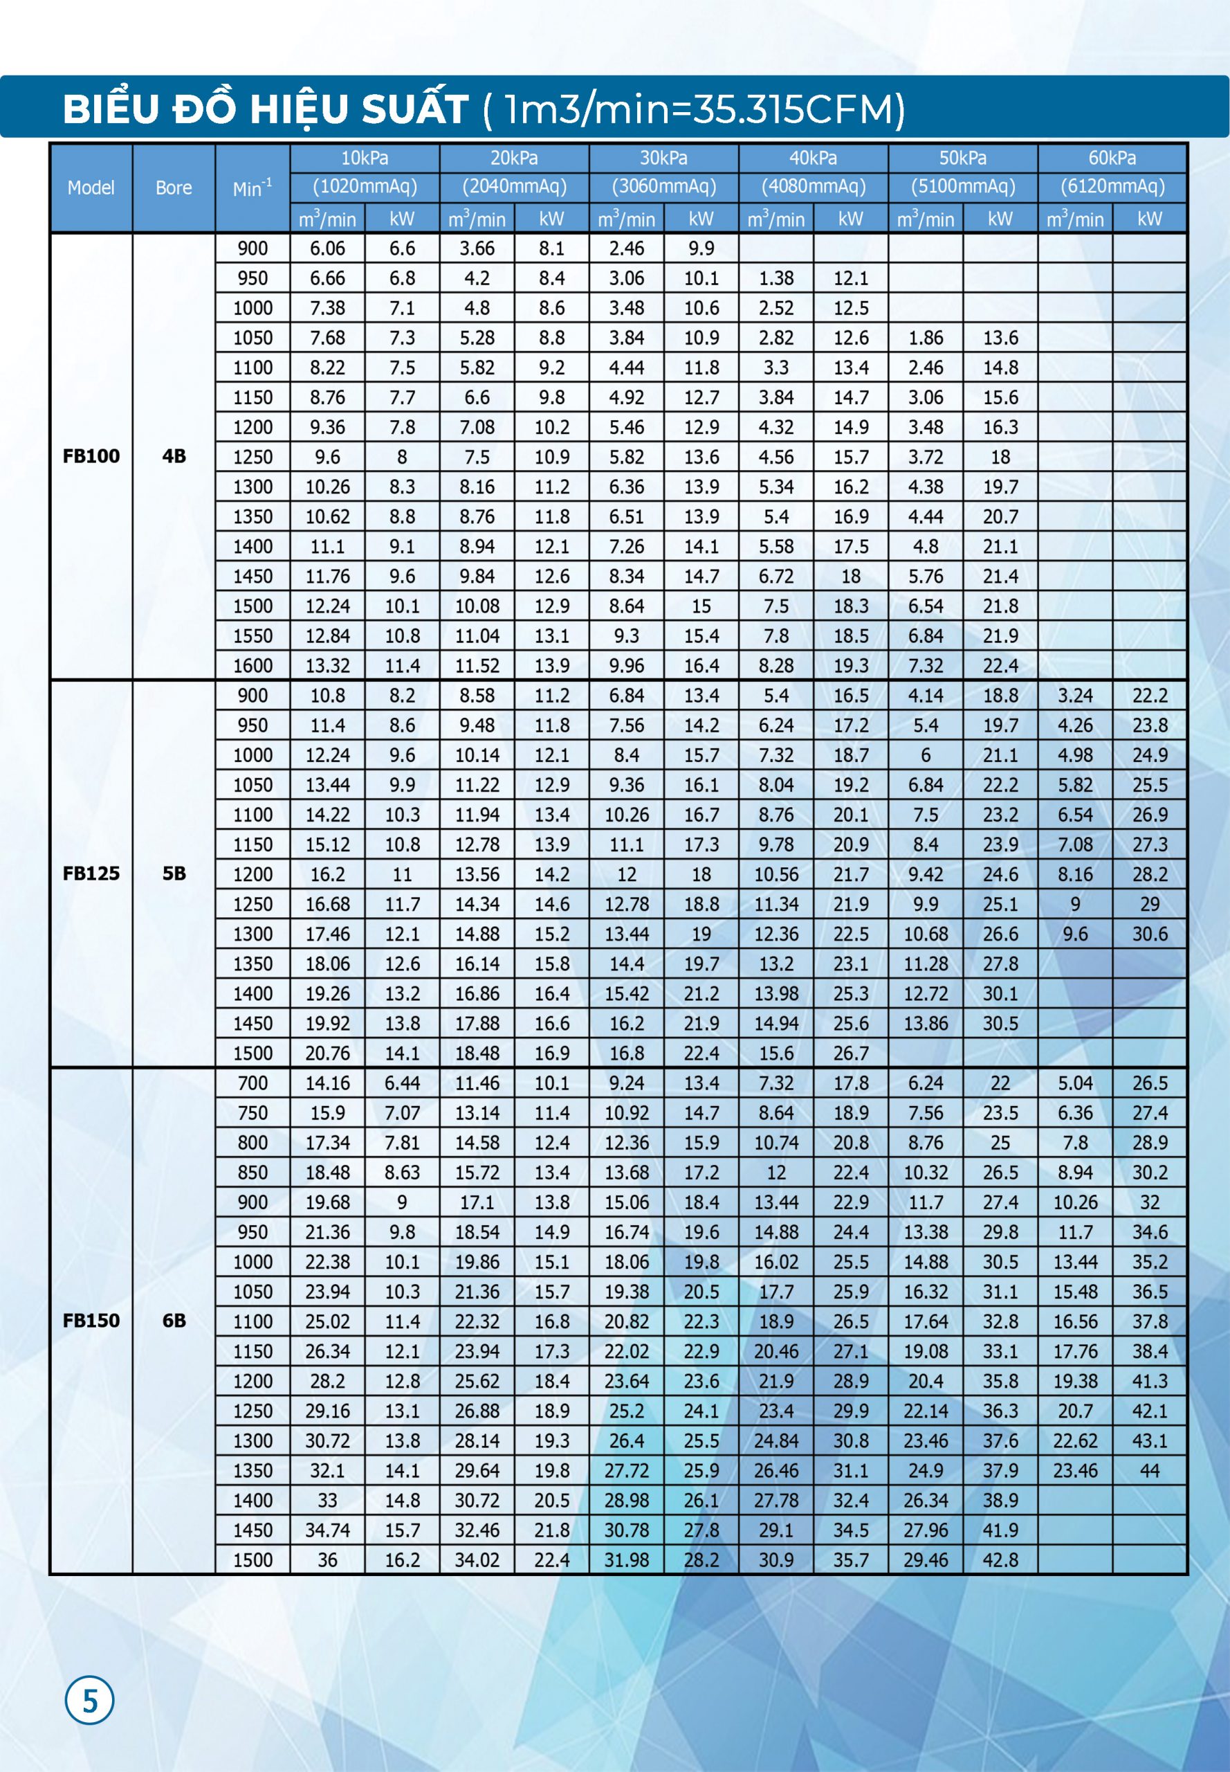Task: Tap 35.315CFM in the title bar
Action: click(x=798, y=109)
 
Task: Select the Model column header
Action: click(x=91, y=188)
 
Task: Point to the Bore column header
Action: click(x=174, y=188)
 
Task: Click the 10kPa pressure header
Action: click(x=365, y=158)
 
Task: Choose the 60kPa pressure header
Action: click(x=1112, y=158)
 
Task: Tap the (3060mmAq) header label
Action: click(x=663, y=187)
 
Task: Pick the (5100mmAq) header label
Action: click(x=962, y=187)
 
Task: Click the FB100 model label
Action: click(x=91, y=455)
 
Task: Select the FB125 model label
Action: click(x=91, y=874)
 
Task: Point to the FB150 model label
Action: click(x=91, y=1321)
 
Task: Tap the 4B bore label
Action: click(x=174, y=455)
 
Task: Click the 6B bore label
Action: click(x=174, y=1321)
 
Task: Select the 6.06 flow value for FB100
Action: click(x=327, y=248)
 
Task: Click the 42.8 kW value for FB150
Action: click(x=1000, y=1560)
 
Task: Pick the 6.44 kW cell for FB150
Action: click(x=403, y=1083)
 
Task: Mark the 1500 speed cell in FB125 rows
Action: click(x=253, y=1054)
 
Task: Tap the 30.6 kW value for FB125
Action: click(x=1150, y=934)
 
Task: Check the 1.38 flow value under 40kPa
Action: click(x=776, y=278)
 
